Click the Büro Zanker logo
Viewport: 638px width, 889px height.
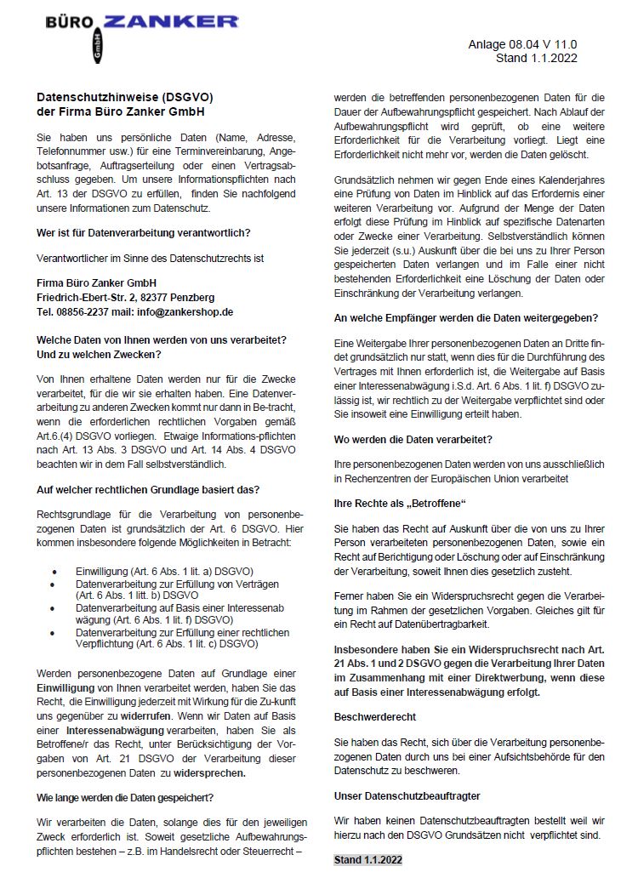pyautogui.click(x=142, y=34)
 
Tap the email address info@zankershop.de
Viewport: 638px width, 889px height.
pyautogui.click(x=186, y=312)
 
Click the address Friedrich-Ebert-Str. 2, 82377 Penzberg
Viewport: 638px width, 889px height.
pyautogui.click(x=126, y=298)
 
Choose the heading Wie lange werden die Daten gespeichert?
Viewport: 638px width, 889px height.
pyautogui.click(x=125, y=798)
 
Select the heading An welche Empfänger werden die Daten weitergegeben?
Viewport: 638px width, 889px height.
pyautogui.click(x=466, y=317)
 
